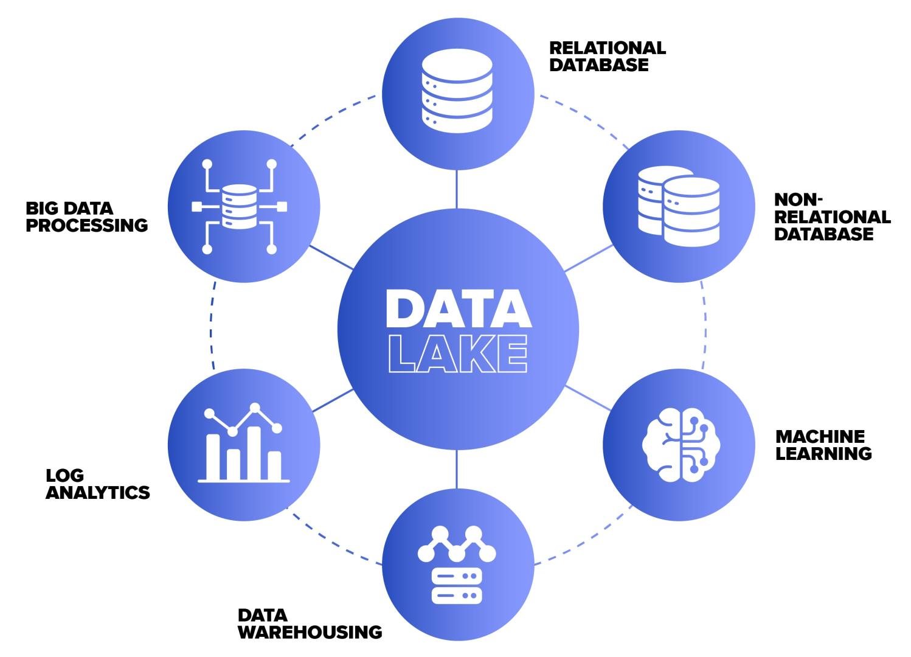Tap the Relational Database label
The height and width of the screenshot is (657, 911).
tap(607, 56)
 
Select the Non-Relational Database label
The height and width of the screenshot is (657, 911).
tap(831, 217)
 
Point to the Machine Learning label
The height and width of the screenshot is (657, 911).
tap(823, 445)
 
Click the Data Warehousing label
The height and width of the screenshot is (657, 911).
tap(310, 624)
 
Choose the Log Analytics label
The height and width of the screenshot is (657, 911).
tap(97, 484)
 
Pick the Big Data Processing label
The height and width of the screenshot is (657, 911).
tap(86, 217)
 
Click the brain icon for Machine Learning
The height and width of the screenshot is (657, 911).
tap(680, 444)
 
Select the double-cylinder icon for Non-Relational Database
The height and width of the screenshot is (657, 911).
tap(679, 206)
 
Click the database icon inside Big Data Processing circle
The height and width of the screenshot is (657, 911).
tap(239, 207)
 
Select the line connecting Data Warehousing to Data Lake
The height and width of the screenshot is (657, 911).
tap(456, 469)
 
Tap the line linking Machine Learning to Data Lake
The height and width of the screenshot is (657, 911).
tap(588, 397)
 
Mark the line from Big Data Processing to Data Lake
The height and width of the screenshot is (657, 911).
tap(331, 258)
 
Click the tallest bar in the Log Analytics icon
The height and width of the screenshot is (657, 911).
tap(254, 453)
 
